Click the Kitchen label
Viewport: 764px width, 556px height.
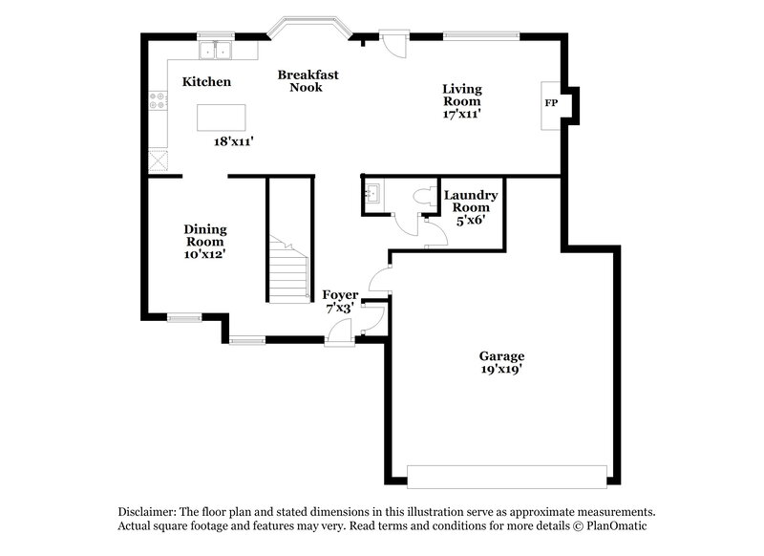(206, 82)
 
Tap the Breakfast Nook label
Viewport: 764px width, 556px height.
(308, 80)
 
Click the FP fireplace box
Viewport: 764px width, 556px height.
(551, 102)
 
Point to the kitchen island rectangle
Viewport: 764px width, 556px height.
(221, 118)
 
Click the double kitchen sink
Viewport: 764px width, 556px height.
(217, 49)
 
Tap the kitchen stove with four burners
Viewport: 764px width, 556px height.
(157, 102)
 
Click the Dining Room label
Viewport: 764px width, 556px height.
(204, 235)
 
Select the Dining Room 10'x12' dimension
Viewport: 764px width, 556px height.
(204, 254)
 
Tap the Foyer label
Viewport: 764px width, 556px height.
(339, 294)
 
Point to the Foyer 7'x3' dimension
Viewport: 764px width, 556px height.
(339, 309)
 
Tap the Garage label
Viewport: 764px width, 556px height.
(501, 355)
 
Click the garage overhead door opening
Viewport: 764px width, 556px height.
(507, 475)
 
